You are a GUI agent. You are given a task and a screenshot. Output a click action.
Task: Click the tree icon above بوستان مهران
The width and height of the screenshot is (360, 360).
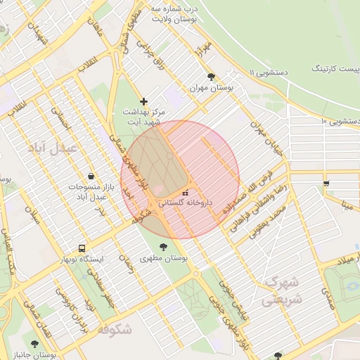(x=210, y=77)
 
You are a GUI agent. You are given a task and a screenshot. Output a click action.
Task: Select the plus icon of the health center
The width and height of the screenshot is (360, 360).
(x=143, y=102)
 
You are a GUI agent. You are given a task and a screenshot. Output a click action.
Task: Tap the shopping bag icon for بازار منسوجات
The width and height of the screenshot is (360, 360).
(x=91, y=176)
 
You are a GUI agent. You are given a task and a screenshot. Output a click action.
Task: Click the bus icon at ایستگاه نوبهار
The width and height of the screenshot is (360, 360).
(x=83, y=248)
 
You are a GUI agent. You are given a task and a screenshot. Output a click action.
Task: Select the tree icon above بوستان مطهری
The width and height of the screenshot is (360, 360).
(x=164, y=247)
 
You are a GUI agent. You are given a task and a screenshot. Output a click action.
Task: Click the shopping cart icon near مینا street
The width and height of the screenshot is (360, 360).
(x=326, y=184)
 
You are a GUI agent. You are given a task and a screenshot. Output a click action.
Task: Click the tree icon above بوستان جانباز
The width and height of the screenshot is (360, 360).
(x=34, y=344)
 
